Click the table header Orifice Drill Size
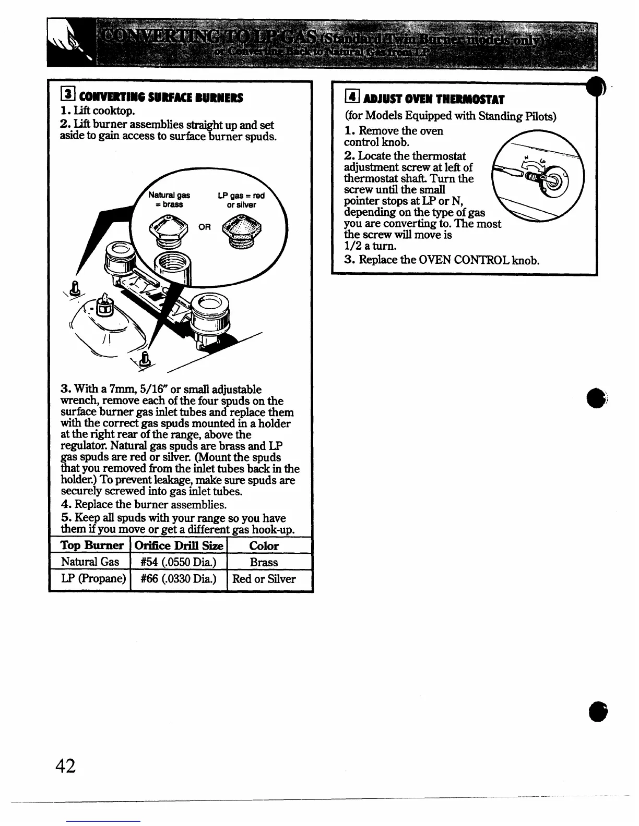pyautogui.click(x=179, y=546)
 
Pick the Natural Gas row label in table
pyautogui.click(x=90, y=562)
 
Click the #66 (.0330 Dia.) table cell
pyautogui.click(x=179, y=579)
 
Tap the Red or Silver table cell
pyautogui.click(x=264, y=579)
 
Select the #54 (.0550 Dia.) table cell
pyautogui.click(x=179, y=562)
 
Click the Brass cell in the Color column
pyautogui.click(x=264, y=562)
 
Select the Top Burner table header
pyautogui.click(x=92, y=546)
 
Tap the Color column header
pyautogui.click(x=264, y=546)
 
